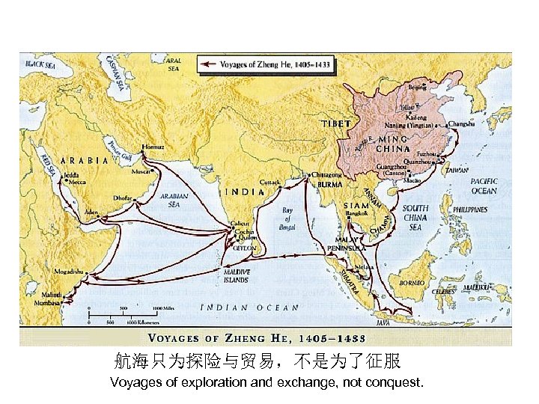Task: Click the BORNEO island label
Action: click(x=412, y=282)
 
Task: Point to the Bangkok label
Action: click(x=357, y=214)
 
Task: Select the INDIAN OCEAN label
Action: click(x=249, y=307)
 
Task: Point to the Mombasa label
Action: click(x=49, y=304)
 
